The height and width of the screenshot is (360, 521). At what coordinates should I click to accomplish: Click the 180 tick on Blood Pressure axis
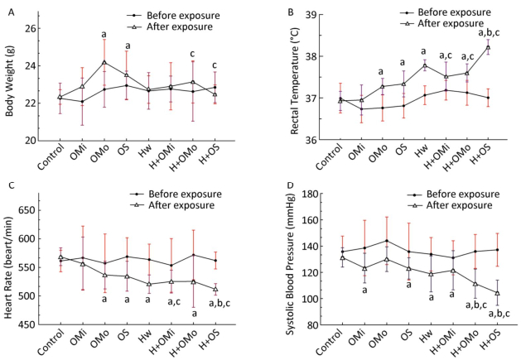307,194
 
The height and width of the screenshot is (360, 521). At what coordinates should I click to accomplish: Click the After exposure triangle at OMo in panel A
104,62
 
